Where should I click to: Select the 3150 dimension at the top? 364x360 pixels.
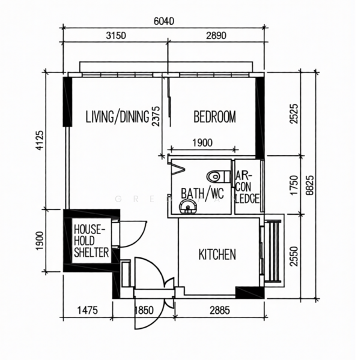click(115, 35)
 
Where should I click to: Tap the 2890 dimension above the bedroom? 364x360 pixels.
click(216, 35)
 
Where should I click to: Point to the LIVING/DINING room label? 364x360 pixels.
click(117, 116)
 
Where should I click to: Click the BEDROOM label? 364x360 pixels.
click(214, 116)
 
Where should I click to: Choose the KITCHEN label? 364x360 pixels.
click(217, 255)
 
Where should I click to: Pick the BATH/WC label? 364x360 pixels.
click(202, 194)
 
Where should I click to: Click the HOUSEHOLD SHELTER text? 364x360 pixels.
click(91, 241)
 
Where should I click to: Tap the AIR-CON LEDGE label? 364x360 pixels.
click(247, 186)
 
